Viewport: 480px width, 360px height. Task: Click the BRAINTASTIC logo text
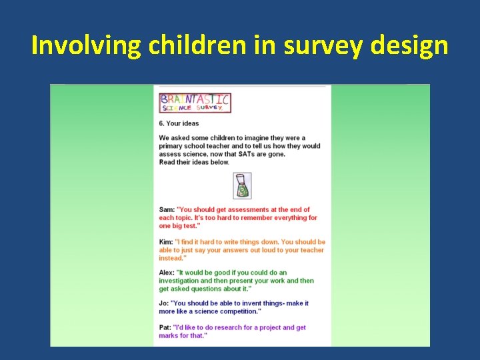[195, 100]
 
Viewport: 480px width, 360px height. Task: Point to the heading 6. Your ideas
[179, 123]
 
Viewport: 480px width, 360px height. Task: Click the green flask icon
[243, 185]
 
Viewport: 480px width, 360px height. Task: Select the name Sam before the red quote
[166, 209]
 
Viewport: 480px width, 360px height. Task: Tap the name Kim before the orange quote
[165, 242]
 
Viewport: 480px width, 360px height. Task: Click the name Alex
[167, 273]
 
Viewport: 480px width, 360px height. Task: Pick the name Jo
[163, 303]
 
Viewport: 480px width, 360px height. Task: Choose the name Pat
[165, 327]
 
